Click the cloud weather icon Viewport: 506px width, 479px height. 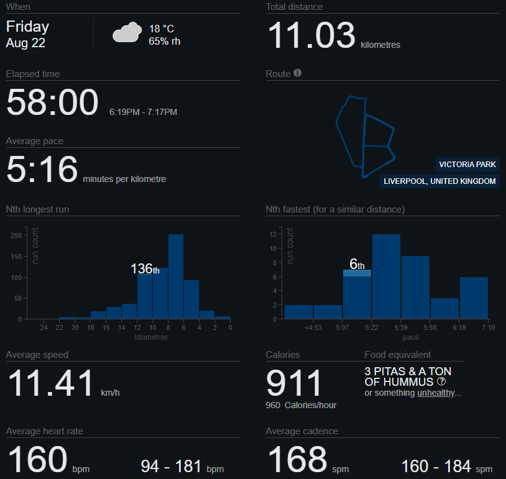pos(126,32)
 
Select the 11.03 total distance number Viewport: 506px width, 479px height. pos(311,36)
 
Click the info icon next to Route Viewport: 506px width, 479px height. pos(298,73)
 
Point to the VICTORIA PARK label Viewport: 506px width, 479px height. pos(467,165)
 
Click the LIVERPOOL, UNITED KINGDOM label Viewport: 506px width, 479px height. pos(439,181)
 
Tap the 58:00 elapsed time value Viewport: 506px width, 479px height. pos(52,103)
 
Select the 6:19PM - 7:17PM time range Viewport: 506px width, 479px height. pos(143,112)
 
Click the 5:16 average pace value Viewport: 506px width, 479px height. pos(42,170)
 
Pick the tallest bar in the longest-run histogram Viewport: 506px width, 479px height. pos(176,276)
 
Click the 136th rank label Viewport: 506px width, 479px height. pos(144,269)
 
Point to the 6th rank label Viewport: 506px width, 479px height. pos(357,265)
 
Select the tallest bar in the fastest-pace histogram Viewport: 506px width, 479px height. pos(385,276)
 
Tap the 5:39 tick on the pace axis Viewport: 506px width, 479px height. pos(400,327)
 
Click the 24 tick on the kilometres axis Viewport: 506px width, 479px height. pos(44,327)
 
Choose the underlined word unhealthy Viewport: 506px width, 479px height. pos(436,393)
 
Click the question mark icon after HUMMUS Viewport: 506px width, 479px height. pos(441,381)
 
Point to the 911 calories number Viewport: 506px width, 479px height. pos(294,383)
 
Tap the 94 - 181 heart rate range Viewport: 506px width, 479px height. pos(182,466)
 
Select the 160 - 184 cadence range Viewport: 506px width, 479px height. pos(446,466)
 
